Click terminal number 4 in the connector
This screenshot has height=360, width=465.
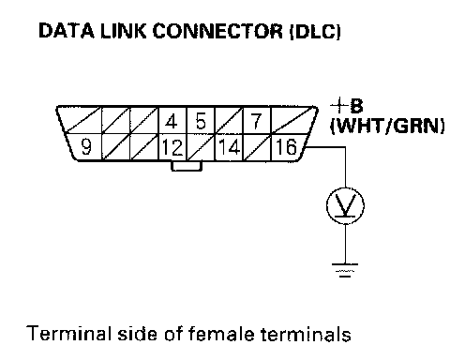point(171,121)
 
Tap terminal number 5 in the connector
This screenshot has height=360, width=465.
point(201,121)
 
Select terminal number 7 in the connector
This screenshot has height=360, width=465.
point(256,121)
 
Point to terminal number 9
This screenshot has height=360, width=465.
point(86,146)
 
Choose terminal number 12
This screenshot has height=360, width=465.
point(172,147)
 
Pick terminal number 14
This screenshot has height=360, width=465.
point(230,147)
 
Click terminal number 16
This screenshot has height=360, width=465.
point(286,147)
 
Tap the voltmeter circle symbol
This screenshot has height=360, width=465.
point(345,205)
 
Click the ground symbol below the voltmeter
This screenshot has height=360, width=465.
point(345,270)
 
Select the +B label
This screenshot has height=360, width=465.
point(347,106)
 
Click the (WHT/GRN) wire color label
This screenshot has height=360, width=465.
point(387,126)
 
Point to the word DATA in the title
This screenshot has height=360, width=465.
point(67,31)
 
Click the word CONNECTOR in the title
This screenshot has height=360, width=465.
point(217,31)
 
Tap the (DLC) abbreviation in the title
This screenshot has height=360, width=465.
point(315,32)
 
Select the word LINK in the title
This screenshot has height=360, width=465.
point(123,31)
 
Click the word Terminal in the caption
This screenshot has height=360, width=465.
point(68,334)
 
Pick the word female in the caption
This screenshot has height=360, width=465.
point(221,334)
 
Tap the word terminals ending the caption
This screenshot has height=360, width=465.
point(306,334)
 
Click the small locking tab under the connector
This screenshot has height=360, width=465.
point(187,166)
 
